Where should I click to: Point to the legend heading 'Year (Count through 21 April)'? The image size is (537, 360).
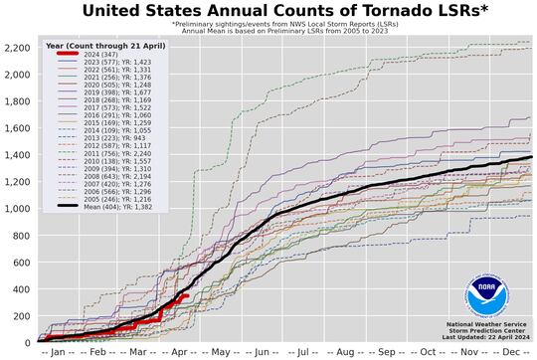(104, 47)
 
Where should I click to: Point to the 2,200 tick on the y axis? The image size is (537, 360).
(17, 48)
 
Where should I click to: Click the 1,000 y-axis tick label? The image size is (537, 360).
(17, 209)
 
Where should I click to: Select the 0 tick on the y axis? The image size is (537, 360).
(27, 343)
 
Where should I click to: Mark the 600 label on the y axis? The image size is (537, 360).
(21, 263)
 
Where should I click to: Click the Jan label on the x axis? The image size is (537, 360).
(57, 352)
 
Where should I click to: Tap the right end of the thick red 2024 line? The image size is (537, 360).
(186, 295)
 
